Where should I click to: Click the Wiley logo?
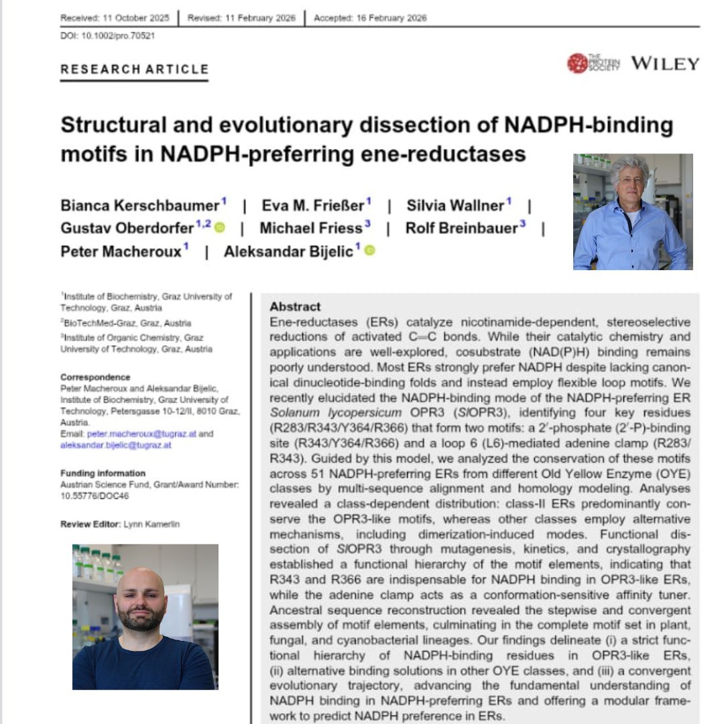click(664, 64)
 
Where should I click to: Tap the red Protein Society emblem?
click(577, 63)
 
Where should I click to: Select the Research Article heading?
click(134, 69)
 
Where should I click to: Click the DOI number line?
click(107, 36)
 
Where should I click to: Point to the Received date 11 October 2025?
click(115, 18)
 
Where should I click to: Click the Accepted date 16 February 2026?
click(370, 18)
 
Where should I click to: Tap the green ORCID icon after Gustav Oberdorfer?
click(221, 227)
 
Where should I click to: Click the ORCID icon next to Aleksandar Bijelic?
click(370, 251)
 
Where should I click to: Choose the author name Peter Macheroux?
click(121, 251)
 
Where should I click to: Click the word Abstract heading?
click(295, 307)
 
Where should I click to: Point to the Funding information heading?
click(103, 473)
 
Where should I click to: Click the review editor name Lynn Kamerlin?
click(152, 524)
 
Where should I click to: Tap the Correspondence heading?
click(95, 377)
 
